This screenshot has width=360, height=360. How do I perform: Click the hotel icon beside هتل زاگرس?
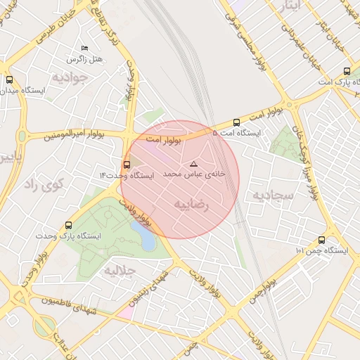[85, 48]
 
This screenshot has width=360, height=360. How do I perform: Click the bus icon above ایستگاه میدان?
[9, 80]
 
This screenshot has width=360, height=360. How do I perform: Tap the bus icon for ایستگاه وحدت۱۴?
[127, 165]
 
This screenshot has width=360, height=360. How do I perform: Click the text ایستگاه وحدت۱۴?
[126, 174]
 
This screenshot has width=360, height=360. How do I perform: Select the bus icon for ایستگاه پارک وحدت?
[68, 225]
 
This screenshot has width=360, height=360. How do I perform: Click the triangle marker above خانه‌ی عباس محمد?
[194, 164]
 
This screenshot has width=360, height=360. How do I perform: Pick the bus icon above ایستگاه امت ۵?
[236, 122]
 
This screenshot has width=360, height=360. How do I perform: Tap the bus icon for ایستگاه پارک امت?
[347, 71]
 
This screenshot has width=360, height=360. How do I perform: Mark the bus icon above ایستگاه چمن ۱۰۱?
[321, 240]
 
